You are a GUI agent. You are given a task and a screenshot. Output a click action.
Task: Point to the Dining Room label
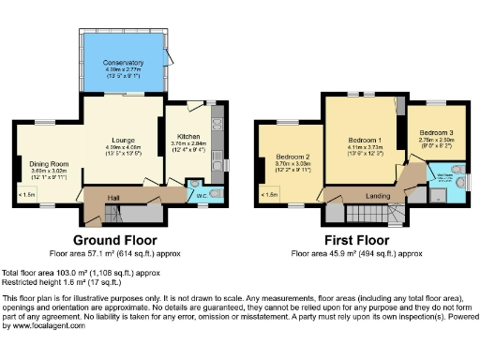tap(47, 158)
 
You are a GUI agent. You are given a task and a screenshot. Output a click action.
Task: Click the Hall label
tap(112, 197)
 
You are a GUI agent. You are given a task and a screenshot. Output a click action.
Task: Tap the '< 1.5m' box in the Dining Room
tap(27, 195)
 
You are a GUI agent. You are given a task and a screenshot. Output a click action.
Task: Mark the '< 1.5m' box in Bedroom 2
tap(271, 195)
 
